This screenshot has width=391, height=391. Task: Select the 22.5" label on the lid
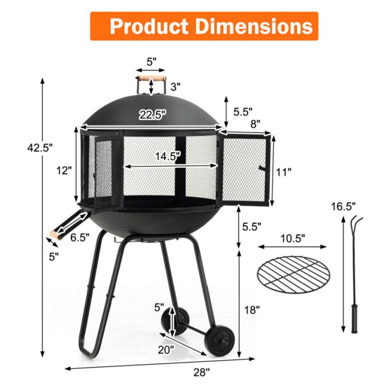152,115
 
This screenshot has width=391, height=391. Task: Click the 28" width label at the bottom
201,372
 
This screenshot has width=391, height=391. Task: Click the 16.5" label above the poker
344,206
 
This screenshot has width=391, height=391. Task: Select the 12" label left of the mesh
64,171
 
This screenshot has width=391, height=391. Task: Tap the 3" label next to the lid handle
175,87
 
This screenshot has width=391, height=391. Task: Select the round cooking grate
294,274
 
